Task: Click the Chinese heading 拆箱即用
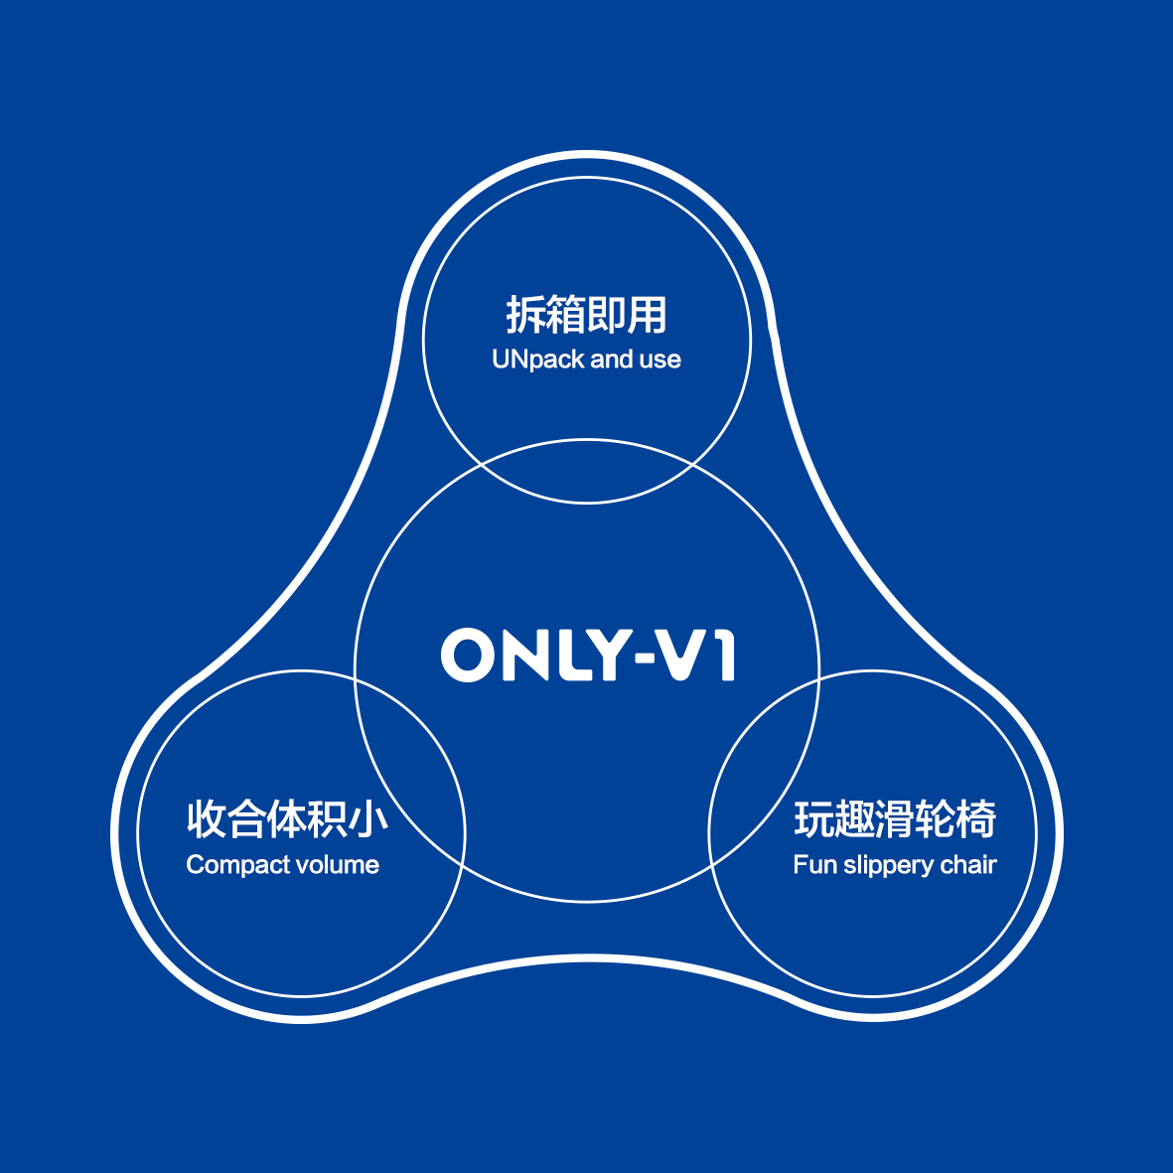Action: click(x=586, y=314)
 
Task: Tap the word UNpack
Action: click(x=538, y=360)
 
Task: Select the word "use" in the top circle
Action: click(x=660, y=361)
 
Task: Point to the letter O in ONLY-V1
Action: click(x=469, y=655)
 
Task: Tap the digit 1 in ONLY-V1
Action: click(x=724, y=655)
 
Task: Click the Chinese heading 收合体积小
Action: click(x=287, y=818)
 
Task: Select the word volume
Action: click(x=338, y=865)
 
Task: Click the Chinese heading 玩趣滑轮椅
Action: click(x=896, y=818)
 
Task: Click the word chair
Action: click(x=968, y=865)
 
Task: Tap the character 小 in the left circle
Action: click(x=368, y=818)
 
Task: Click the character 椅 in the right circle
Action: click(x=977, y=818)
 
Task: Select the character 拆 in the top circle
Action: click(x=525, y=314)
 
